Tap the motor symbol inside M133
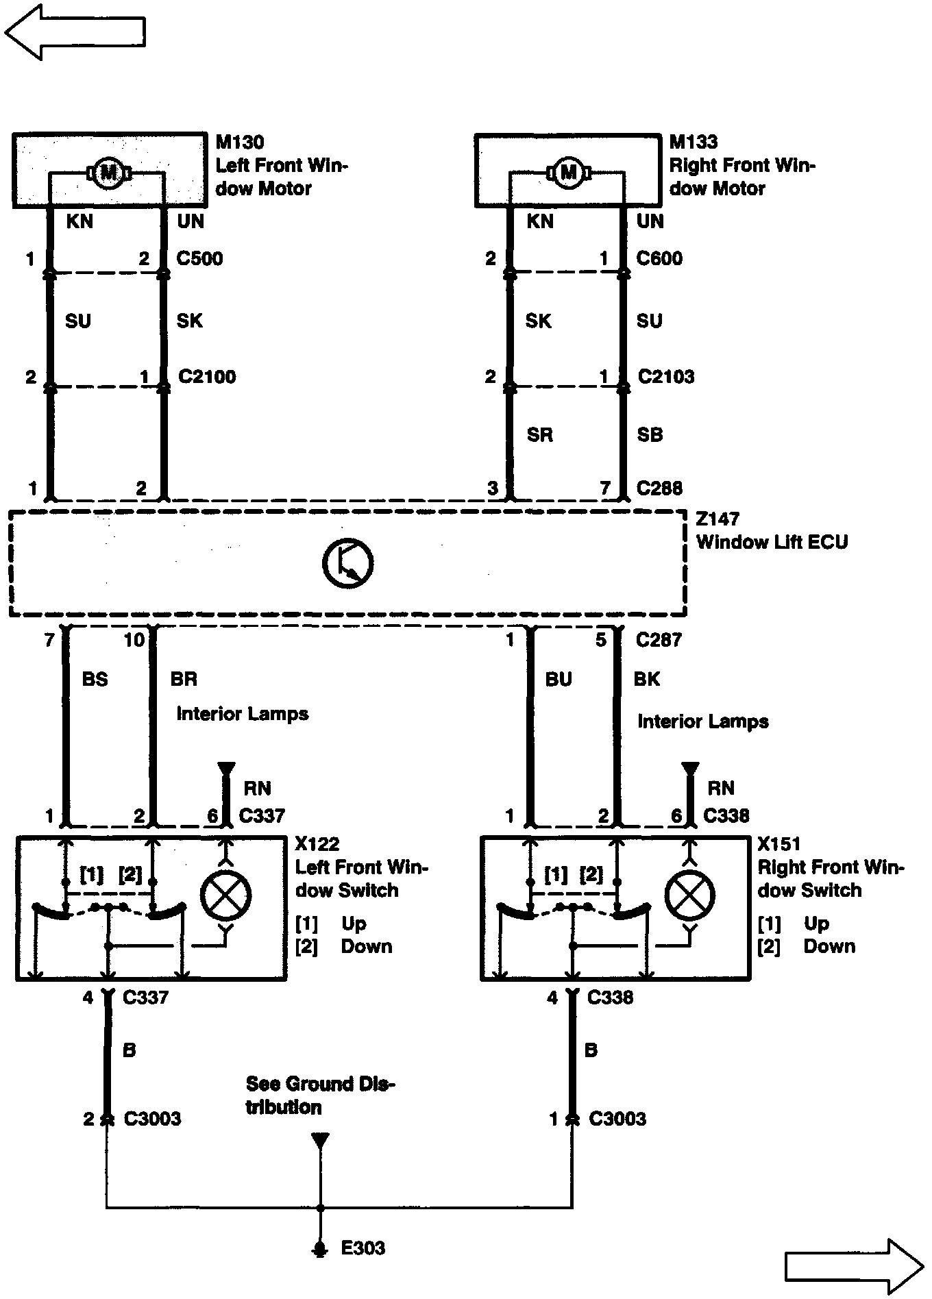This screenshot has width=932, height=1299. point(569,172)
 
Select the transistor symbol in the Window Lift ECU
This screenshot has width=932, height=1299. point(347,563)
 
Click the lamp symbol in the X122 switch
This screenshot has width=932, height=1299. point(225,895)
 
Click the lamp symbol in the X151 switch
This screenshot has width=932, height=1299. point(689,895)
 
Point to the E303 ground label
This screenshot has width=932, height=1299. point(363,1248)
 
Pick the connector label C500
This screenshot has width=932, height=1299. point(199,258)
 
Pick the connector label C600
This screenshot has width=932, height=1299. point(659,258)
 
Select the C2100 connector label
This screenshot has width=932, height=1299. point(207,376)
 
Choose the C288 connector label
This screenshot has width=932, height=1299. point(659,488)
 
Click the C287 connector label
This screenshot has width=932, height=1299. point(659,640)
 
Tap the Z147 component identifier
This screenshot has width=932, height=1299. point(718,519)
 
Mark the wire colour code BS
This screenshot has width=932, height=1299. point(95,679)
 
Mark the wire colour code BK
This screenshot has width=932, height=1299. point(647,679)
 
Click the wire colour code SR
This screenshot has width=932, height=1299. point(539,434)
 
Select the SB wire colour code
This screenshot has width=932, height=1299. point(650,434)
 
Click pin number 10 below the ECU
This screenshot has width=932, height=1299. point(134,640)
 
